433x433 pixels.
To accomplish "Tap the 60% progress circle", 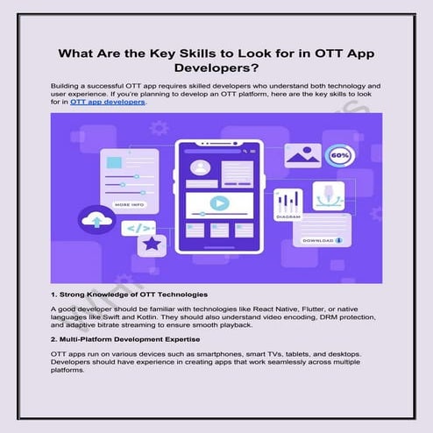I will click(339, 156).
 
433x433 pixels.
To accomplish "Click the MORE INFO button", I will click(130, 204).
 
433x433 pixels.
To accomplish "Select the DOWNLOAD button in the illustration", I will click(323, 238).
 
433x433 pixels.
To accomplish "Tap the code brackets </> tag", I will click(140, 227).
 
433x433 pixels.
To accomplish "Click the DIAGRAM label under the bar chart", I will click(288, 216).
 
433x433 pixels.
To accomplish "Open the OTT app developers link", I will click(108, 102).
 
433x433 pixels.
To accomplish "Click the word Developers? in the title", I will click(216, 65).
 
